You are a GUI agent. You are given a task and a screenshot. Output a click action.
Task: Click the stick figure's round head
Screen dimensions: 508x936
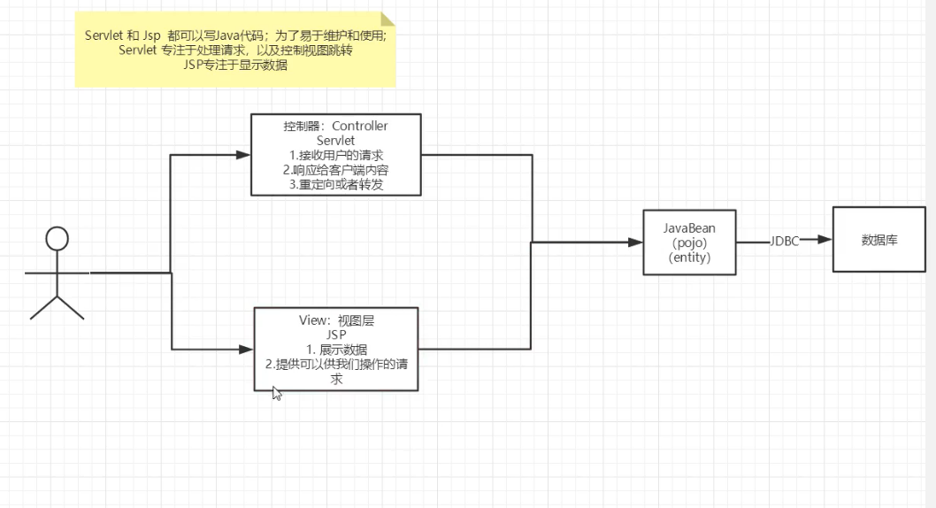tap(58, 239)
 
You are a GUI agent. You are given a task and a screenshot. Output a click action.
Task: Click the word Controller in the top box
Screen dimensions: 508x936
tap(360, 126)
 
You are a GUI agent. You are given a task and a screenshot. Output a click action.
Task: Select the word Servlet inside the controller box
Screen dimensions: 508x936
tap(335, 141)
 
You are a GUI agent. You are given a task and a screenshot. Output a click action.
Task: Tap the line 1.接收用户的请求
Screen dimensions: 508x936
tap(335, 155)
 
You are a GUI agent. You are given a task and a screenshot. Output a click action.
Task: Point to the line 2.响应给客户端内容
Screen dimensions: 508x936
tap(335, 170)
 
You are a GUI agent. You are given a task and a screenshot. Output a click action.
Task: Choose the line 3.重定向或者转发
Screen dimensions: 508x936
tap(335, 184)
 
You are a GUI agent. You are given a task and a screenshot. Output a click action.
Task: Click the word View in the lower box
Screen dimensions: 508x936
tap(313, 320)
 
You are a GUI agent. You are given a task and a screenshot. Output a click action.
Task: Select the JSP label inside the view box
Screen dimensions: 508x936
tap(335, 335)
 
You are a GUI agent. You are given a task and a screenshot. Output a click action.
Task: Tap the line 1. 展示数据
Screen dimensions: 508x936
tap(335, 350)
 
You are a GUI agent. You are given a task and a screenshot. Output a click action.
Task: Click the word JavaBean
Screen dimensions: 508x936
tap(689, 227)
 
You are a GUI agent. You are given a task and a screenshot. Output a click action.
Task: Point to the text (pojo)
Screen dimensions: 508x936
tap(689, 242)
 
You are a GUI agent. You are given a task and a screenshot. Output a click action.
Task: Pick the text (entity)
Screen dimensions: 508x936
tap(689, 258)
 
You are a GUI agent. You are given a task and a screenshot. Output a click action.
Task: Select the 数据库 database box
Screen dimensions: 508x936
tap(879, 240)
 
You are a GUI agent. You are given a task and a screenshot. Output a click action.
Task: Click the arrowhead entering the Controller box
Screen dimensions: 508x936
tap(245, 156)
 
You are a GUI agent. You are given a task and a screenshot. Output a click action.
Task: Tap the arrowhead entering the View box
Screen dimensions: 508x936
tap(248, 350)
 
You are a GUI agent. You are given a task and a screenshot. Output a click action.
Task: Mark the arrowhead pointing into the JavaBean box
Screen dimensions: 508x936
tap(637, 242)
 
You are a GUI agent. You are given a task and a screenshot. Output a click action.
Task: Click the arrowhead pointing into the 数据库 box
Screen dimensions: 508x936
tap(825, 240)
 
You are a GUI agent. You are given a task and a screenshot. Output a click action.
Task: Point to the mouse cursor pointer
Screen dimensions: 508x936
tap(276, 393)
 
